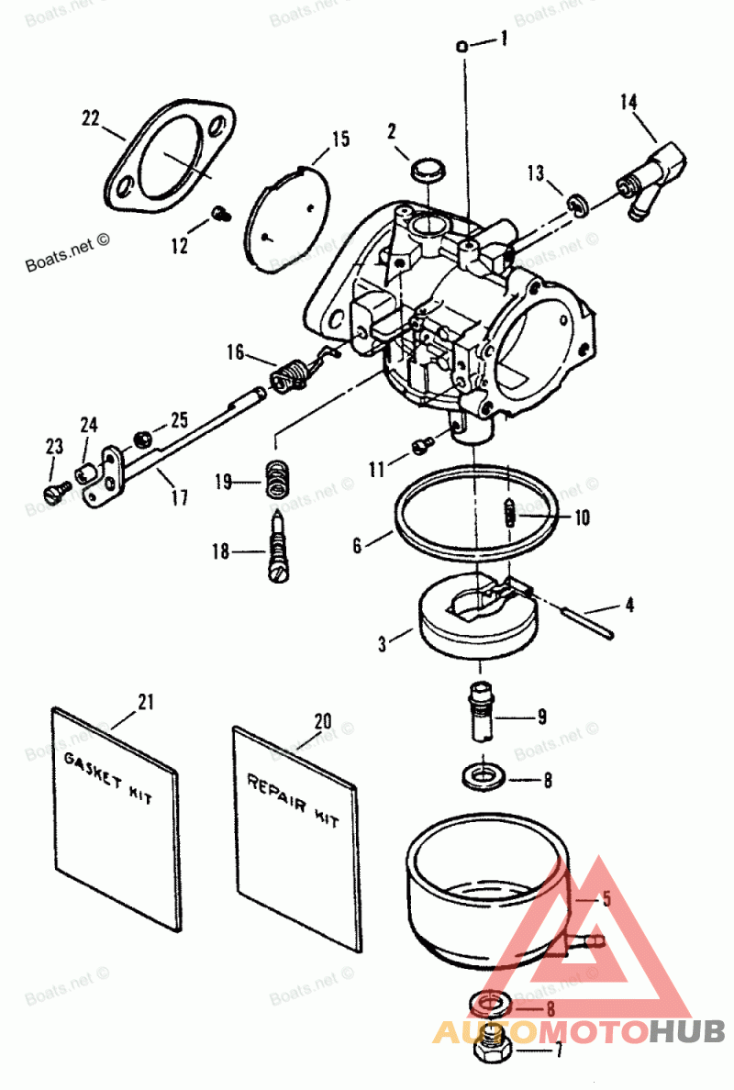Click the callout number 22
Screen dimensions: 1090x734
[90, 117]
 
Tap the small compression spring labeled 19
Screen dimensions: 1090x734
[275, 480]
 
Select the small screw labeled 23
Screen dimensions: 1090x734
[55, 491]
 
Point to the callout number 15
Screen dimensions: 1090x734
[339, 139]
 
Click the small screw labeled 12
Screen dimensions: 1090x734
[219, 214]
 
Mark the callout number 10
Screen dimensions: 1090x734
[582, 517]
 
